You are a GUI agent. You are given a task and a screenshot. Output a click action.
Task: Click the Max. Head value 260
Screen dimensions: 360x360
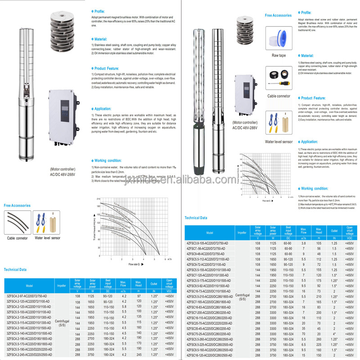[x=319, y=339]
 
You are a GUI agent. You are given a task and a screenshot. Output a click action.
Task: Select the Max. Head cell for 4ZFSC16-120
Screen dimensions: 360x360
[x=319, y=355]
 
